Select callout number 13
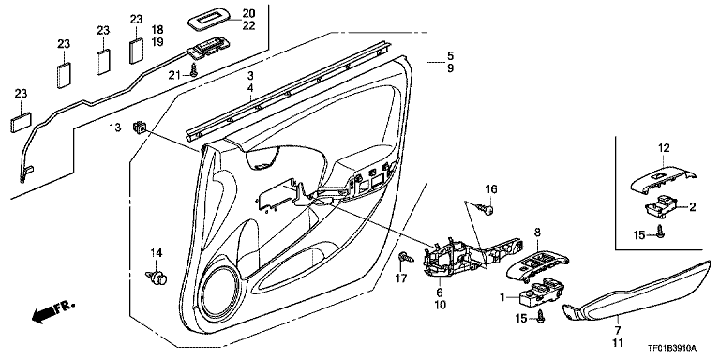(x=115, y=127)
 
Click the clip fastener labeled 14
(x=157, y=277)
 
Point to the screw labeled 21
(x=194, y=70)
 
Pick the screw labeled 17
(x=406, y=257)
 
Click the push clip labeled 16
(x=487, y=209)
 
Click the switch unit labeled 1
(x=541, y=292)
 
